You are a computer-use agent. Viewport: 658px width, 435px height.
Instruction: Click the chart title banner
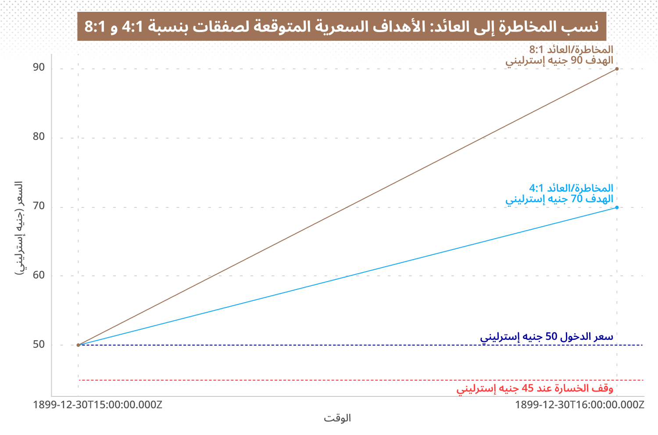[342, 26]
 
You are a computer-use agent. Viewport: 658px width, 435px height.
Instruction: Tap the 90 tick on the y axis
[39, 68]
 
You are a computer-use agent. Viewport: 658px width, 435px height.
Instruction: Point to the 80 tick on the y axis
[39, 136]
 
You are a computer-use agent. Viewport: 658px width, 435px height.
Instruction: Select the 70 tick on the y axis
[39, 206]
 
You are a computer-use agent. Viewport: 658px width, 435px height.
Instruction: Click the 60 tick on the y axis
[39, 275]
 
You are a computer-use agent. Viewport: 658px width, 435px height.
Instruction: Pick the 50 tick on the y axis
[39, 344]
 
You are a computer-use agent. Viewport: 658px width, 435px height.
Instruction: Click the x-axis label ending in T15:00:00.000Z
[97, 405]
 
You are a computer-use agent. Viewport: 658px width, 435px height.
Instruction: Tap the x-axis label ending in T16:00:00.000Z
[579, 405]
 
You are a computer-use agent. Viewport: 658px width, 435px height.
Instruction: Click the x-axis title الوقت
[337, 418]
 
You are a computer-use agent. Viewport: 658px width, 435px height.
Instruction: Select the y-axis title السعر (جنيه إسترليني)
[19, 228]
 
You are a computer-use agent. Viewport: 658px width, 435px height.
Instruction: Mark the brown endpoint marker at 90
[617, 69]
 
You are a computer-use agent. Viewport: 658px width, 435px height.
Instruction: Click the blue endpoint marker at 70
[617, 207]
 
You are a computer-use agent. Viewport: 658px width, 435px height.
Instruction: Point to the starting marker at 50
[78, 345]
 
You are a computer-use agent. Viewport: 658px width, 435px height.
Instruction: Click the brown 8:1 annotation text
[559, 55]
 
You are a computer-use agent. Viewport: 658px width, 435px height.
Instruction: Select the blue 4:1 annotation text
[559, 193]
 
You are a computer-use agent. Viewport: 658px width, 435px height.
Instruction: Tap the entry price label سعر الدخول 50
[547, 337]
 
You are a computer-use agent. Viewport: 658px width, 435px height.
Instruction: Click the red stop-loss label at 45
[535, 389]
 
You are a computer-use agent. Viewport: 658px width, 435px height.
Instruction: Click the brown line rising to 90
[347, 207]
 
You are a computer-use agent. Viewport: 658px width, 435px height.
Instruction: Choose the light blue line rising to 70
[347, 276]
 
